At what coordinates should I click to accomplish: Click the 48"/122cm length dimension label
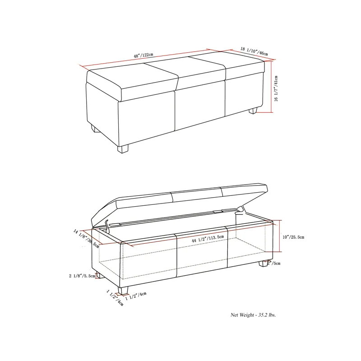tap(143, 55)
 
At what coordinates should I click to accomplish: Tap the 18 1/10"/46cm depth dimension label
tap(254, 51)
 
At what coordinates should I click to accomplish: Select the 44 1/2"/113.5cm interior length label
tap(207, 241)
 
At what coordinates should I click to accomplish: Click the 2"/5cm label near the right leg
tap(274, 263)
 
